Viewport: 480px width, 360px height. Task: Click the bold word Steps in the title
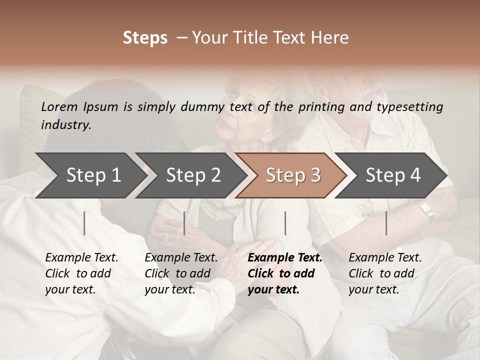pyautogui.click(x=145, y=38)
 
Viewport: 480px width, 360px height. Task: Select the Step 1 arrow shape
pyautogui.click(x=90, y=175)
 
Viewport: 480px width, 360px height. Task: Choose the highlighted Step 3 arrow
pyautogui.click(x=292, y=175)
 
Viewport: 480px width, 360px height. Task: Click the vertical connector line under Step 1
pyautogui.click(x=84, y=223)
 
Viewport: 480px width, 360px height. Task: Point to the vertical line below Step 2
pyautogui.click(x=184, y=223)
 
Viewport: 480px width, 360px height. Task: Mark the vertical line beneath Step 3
pyautogui.click(x=285, y=223)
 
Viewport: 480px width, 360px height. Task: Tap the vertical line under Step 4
pyautogui.click(x=386, y=223)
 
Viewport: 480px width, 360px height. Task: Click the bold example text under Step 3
pyautogui.click(x=285, y=273)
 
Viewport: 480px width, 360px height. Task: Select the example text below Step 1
pyautogui.click(x=81, y=273)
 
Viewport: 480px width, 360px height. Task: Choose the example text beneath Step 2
pyautogui.click(x=181, y=273)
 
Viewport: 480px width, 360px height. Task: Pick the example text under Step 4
pyautogui.click(x=385, y=273)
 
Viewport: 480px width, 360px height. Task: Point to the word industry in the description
pyautogui.click(x=65, y=125)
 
